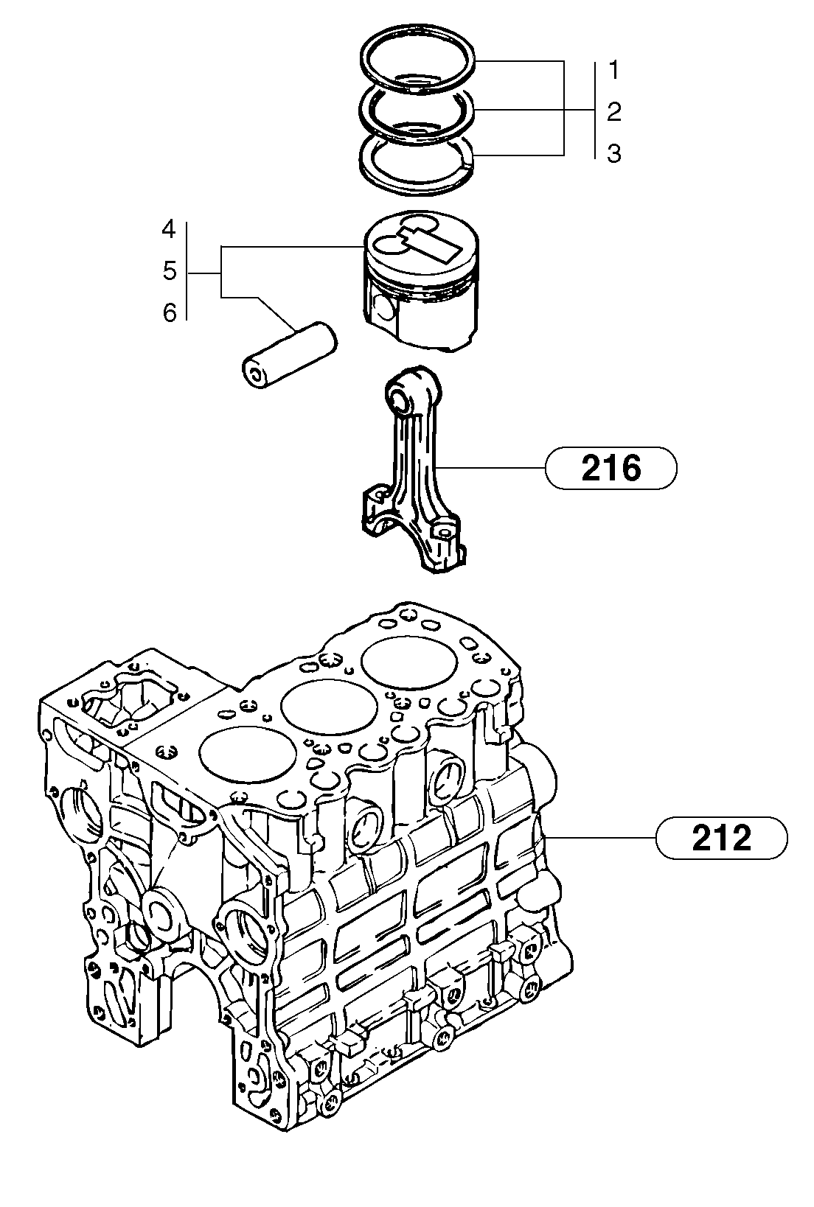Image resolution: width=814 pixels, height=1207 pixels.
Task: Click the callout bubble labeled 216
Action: click(x=610, y=467)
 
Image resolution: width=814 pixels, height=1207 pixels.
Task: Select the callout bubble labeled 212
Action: click(x=721, y=838)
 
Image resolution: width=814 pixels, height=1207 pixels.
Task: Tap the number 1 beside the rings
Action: click(x=614, y=71)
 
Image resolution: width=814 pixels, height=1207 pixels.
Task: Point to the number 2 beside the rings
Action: click(x=614, y=112)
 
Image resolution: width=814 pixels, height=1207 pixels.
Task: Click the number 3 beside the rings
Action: click(x=614, y=153)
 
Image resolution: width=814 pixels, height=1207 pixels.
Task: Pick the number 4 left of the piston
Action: click(x=170, y=230)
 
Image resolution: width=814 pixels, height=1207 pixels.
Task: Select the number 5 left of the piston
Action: click(x=170, y=271)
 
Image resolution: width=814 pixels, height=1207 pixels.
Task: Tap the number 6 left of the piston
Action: click(x=170, y=313)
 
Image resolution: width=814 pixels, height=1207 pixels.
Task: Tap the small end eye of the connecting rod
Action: click(x=403, y=399)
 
